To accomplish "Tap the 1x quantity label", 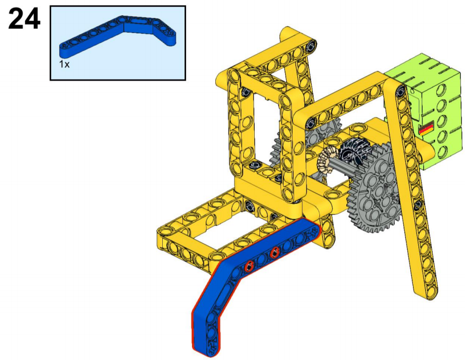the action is pyautogui.click(x=64, y=64).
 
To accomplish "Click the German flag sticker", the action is pyautogui.click(x=426, y=128).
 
